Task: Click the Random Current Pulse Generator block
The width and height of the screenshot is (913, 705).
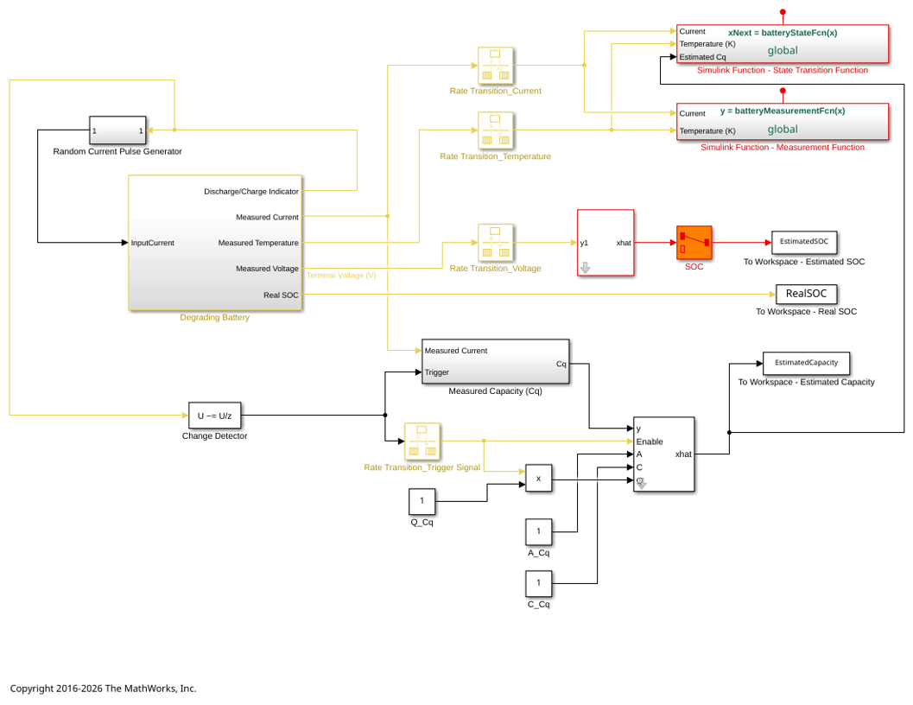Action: point(117,130)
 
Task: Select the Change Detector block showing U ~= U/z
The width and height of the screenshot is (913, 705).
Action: point(214,416)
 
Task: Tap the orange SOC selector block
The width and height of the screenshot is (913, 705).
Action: point(694,243)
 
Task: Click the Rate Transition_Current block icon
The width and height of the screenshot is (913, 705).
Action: point(496,66)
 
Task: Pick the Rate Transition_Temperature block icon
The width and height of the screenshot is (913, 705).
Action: point(496,130)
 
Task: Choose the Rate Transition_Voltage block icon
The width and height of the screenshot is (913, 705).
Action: point(496,243)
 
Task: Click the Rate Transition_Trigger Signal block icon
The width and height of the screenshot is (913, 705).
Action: point(422,441)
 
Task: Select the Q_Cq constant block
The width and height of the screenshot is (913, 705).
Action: point(422,501)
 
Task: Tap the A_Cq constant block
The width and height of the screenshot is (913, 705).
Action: point(539,531)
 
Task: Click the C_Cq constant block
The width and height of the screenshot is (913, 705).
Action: point(539,582)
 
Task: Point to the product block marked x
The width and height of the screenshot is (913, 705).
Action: point(539,479)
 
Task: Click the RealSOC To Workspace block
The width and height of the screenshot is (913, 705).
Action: point(807,294)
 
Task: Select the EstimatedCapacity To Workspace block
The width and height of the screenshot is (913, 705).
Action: point(807,362)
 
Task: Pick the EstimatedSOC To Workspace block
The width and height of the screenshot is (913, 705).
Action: point(804,242)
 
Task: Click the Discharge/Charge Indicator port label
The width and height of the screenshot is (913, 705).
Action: point(251,191)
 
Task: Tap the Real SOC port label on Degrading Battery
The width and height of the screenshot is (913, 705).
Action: point(281,295)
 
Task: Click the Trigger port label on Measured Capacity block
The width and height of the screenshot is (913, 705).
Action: point(437,372)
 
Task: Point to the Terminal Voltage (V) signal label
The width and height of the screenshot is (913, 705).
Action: point(341,275)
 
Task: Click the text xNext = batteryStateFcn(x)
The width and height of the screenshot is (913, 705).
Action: point(783,33)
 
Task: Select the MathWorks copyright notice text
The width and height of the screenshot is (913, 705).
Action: point(103,688)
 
